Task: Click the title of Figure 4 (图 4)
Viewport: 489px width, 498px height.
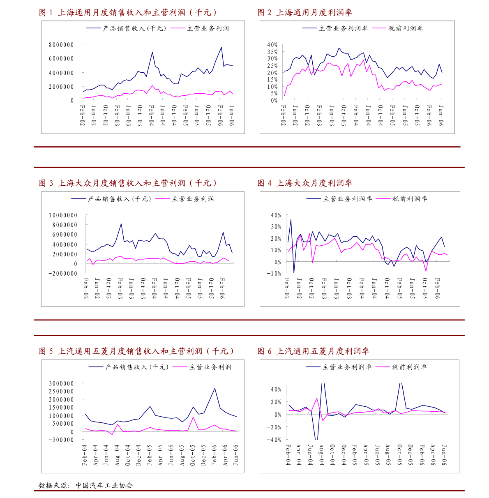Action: click(x=304, y=183)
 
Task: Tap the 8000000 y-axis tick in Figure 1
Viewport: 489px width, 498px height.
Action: click(x=61, y=45)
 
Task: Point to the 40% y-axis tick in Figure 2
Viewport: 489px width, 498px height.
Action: click(x=272, y=45)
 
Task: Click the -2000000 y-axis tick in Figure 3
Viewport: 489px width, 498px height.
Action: click(x=62, y=274)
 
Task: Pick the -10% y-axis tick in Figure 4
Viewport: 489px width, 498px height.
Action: click(x=275, y=273)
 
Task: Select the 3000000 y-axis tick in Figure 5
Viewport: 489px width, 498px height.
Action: click(x=61, y=383)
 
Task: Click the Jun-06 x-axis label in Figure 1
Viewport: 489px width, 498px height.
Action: click(x=231, y=116)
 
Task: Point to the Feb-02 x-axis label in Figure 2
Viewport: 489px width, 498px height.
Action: click(x=283, y=116)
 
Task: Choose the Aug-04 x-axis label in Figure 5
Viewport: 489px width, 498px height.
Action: click(x=117, y=455)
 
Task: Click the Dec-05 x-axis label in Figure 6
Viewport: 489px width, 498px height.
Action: click(x=410, y=455)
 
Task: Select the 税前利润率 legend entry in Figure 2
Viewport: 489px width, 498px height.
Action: click(x=405, y=28)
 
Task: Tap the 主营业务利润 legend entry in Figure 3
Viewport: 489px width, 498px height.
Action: click(x=192, y=199)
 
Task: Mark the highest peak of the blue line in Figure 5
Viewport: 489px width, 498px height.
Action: click(x=215, y=388)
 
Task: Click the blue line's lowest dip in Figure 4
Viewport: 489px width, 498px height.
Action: click(x=294, y=273)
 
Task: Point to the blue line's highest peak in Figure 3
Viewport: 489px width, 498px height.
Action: click(x=121, y=224)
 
